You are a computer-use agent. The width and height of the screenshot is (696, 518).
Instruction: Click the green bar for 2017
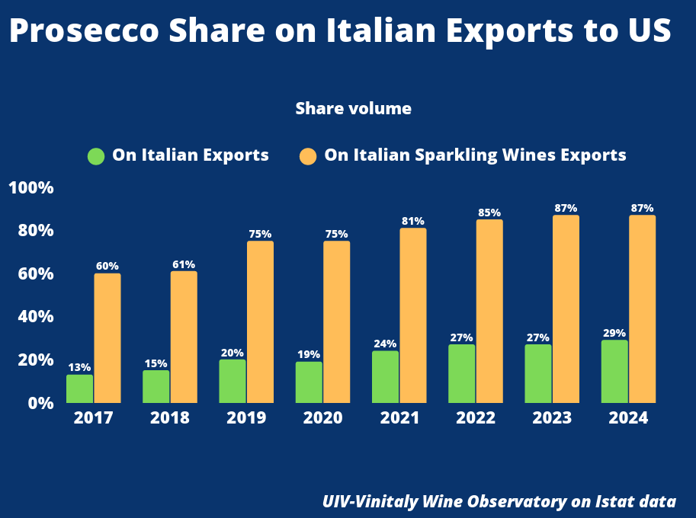pyautogui.click(x=79, y=388)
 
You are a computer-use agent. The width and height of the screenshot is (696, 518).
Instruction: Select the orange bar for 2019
pyautogui.click(x=260, y=321)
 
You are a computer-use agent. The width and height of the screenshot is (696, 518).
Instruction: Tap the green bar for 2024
pyautogui.click(x=614, y=371)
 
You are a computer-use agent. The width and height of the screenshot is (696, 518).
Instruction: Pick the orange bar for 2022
pyautogui.click(x=489, y=311)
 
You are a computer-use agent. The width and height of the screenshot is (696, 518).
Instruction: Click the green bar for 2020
pyautogui.click(x=309, y=382)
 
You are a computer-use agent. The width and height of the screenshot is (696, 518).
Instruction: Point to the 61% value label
pyautogui.click(x=184, y=264)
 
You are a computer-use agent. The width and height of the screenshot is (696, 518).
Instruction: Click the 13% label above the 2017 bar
pyautogui.click(x=79, y=367)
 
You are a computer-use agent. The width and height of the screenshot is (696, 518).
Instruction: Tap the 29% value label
pyautogui.click(x=614, y=333)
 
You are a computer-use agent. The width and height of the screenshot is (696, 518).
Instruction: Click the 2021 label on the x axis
pyautogui.click(x=399, y=418)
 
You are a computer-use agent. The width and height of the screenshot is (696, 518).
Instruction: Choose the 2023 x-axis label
pyautogui.click(x=552, y=418)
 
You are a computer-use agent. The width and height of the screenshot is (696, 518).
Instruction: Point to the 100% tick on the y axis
pyautogui.click(x=30, y=188)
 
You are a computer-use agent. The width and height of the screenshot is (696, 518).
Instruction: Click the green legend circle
pyautogui.click(x=96, y=156)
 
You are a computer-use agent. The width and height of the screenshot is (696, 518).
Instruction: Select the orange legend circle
pyautogui.click(x=308, y=156)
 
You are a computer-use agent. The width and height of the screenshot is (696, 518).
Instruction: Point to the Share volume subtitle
pyautogui.click(x=353, y=109)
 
